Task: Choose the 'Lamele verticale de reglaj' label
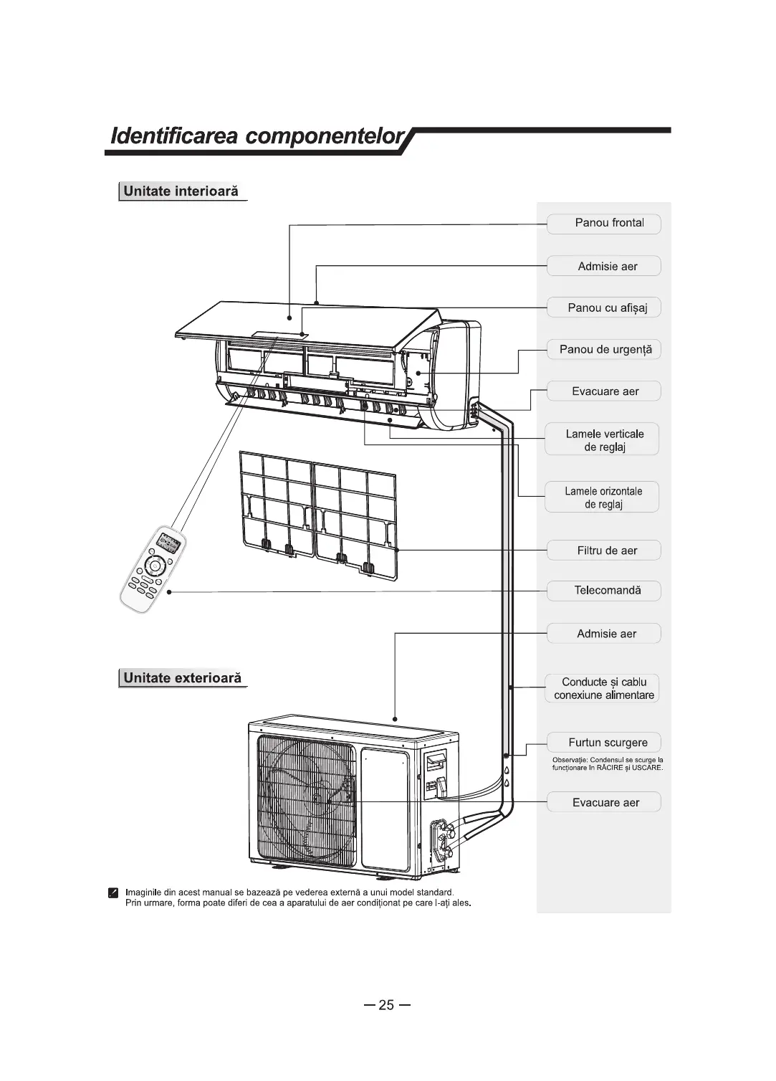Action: [x=603, y=440]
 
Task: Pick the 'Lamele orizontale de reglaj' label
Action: [x=603, y=497]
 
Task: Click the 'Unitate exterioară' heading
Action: [x=182, y=677]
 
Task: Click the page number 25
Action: [x=386, y=1005]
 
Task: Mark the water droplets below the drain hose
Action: [x=506, y=776]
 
